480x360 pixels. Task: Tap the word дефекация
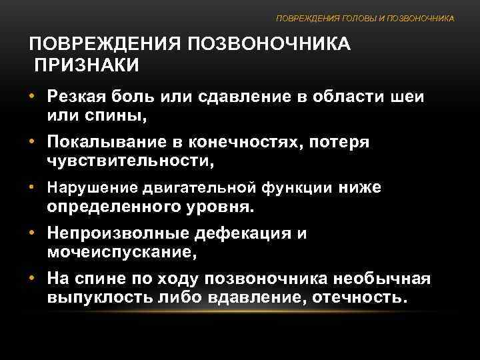251,234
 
